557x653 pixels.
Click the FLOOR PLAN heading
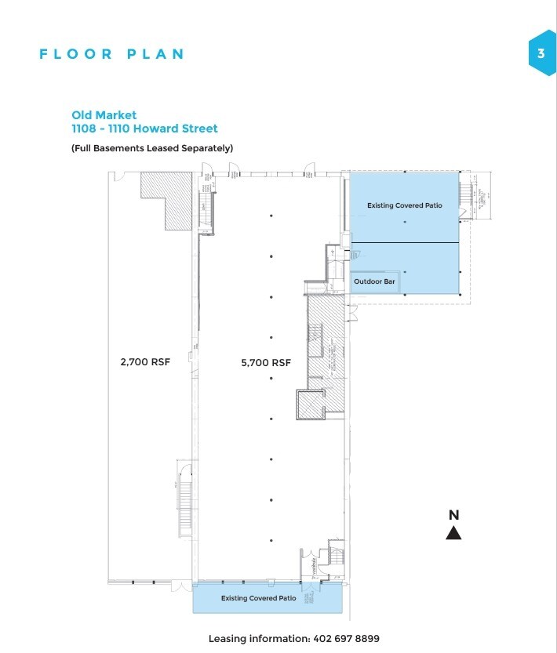tap(111, 54)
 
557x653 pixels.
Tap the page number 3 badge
tap(541, 53)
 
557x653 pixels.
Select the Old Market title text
tap(104, 115)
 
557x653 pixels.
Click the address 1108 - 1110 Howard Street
tap(144, 129)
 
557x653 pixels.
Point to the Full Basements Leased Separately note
tap(152, 148)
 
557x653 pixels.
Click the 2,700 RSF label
tap(145, 362)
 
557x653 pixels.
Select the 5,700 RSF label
tap(266, 362)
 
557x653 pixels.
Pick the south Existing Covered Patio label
tap(258, 598)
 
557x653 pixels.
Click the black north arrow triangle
tap(453, 533)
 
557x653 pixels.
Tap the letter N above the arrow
tap(453, 515)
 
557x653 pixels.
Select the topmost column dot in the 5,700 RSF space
tap(271, 215)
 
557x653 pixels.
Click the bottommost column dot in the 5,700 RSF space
tap(271, 540)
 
